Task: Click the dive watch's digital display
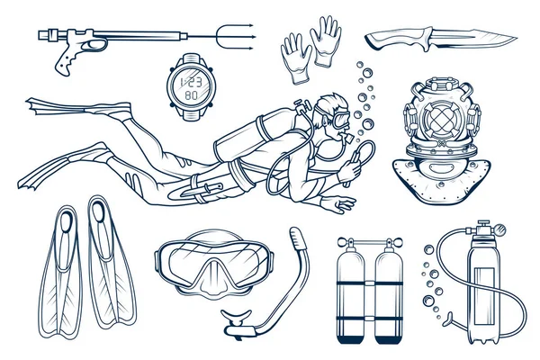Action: (192, 86)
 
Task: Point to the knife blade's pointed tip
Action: (517, 38)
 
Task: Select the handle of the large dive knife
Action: (400, 40)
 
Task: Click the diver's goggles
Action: (341, 118)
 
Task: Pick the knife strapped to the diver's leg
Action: (202, 190)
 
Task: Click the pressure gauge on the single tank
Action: (500, 229)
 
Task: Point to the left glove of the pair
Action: (296, 58)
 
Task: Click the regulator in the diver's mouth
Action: (346, 138)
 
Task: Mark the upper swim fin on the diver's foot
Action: (79, 108)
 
